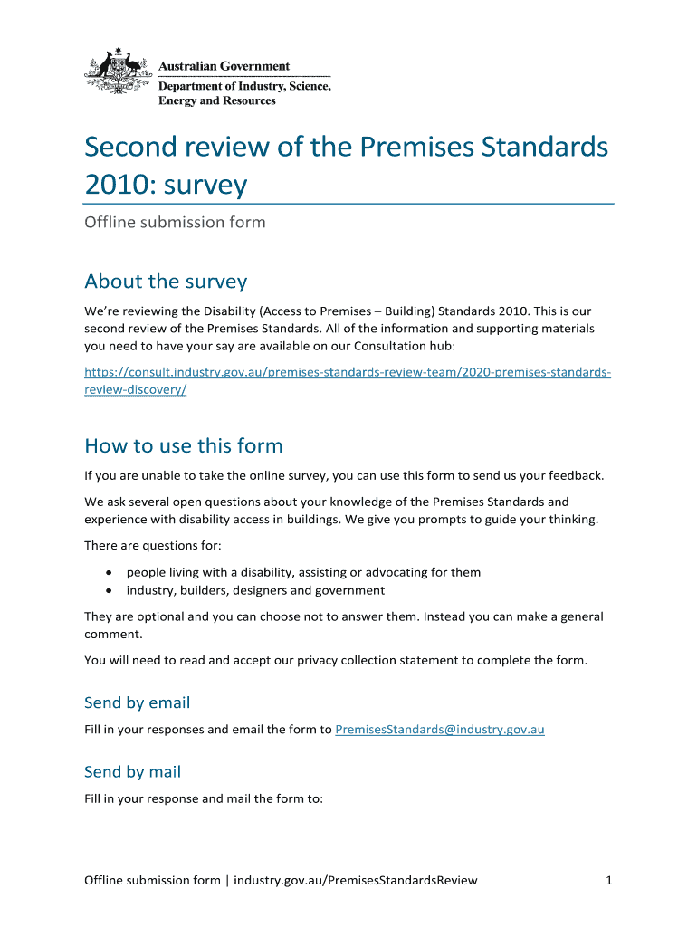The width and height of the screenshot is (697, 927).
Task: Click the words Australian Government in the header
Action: [x=224, y=66]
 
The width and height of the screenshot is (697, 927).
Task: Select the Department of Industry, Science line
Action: [x=244, y=86]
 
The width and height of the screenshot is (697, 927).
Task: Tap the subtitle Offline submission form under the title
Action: [x=175, y=222]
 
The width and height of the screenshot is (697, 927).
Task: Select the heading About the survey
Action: [x=166, y=282]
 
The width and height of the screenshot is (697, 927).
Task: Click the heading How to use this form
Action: [x=183, y=445]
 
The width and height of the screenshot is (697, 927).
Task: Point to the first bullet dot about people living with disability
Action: [x=109, y=572]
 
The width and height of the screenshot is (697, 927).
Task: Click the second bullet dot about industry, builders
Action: [x=109, y=591]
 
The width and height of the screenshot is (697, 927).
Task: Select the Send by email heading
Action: [x=137, y=702]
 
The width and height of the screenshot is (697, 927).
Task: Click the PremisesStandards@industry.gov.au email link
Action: [x=440, y=729]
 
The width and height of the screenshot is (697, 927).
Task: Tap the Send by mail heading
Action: [x=132, y=772]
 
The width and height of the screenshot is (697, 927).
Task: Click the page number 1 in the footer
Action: [x=609, y=880]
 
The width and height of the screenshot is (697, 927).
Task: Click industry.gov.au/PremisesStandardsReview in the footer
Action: [x=355, y=880]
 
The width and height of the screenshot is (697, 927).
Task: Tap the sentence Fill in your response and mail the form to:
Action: [x=203, y=799]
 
